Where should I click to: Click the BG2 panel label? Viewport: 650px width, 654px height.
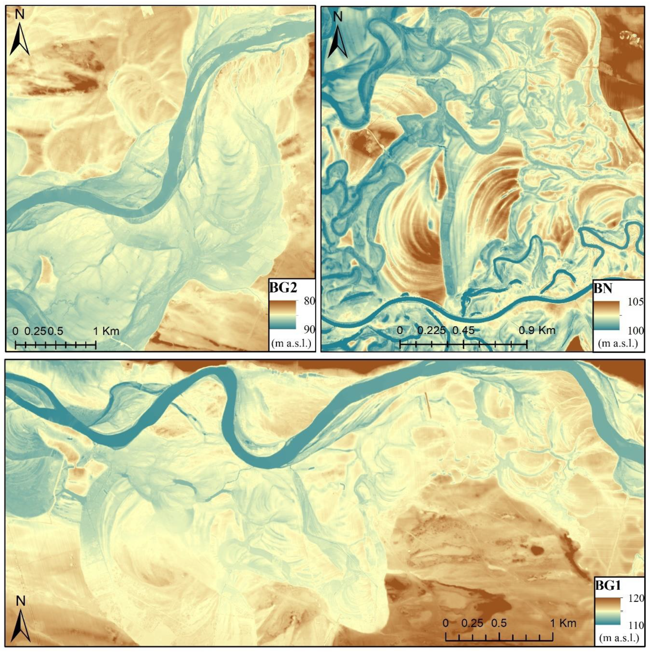click(x=283, y=288)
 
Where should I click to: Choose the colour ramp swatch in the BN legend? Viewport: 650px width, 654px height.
click(x=606, y=315)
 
